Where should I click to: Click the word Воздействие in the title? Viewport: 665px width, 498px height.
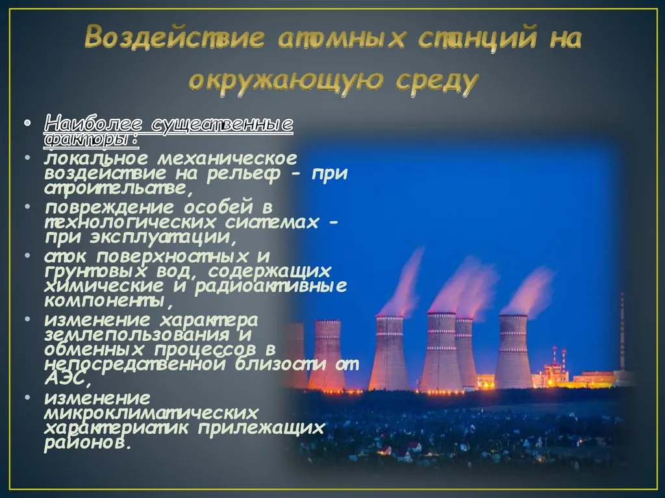(x=175, y=37)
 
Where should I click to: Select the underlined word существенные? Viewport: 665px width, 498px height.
(x=222, y=125)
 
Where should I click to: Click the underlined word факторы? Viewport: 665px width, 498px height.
(x=88, y=139)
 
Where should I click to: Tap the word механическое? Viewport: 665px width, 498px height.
(x=227, y=158)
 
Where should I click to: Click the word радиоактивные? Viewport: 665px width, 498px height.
(x=271, y=286)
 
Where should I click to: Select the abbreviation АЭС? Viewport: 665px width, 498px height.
(x=64, y=379)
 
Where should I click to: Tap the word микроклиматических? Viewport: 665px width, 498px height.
(x=151, y=413)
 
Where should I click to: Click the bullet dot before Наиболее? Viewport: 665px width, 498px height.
(x=27, y=123)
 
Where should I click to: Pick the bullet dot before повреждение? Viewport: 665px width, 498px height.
(x=27, y=207)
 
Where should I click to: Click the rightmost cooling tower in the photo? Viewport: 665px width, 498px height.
(x=513, y=351)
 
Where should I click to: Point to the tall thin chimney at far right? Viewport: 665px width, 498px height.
(x=622, y=331)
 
